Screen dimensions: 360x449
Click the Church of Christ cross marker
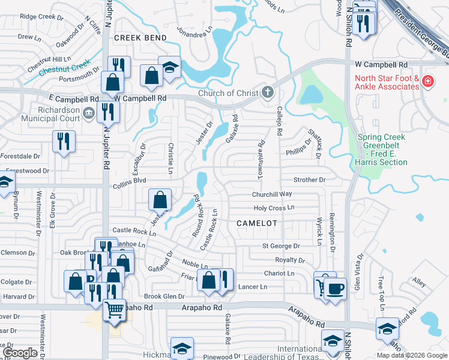pyautogui.click(x=268, y=93)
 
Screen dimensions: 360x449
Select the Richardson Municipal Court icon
pyautogui.click(x=88, y=112)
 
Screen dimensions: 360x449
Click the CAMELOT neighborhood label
pyautogui.click(x=257, y=223)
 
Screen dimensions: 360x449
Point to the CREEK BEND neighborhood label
pyautogui.click(x=140, y=38)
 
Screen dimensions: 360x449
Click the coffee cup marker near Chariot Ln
pyautogui.click(x=335, y=287)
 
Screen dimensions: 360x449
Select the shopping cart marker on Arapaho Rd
pyautogui.click(x=113, y=310)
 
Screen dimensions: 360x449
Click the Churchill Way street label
pyautogui.click(x=272, y=194)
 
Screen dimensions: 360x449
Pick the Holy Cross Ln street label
pyautogui.click(x=274, y=208)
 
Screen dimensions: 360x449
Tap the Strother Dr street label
pyautogui.click(x=309, y=179)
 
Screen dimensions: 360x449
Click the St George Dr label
pyautogui.click(x=280, y=245)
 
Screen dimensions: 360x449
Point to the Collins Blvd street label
pyautogui.click(x=130, y=187)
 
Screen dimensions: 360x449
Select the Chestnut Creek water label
pyautogui.click(x=65, y=67)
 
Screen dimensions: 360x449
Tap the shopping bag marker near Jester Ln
pyautogui.click(x=160, y=199)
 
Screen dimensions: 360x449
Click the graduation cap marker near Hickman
pyautogui.click(x=182, y=347)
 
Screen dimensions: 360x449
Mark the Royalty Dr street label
pyautogui.click(x=290, y=260)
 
